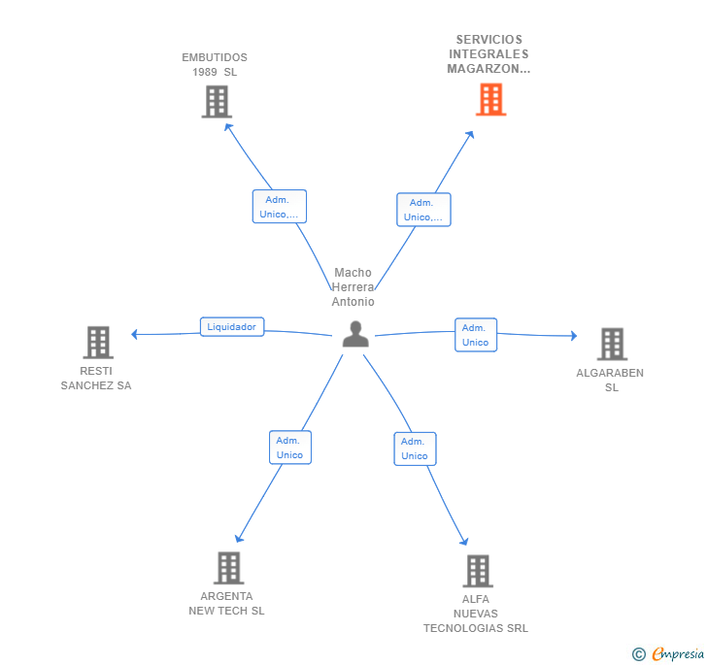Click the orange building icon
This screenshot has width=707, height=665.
(x=491, y=99)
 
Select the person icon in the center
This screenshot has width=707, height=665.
(x=355, y=334)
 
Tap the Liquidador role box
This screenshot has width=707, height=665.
(x=232, y=327)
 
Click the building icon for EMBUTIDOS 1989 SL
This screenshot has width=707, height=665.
(x=217, y=102)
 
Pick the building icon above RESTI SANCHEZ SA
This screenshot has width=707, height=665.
(x=98, y=342)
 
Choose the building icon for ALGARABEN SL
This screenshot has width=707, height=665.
(x=612, y=344)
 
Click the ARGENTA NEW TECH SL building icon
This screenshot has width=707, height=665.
(x=229, y=568)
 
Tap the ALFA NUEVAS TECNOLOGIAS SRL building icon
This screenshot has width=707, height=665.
(x=478, y=571)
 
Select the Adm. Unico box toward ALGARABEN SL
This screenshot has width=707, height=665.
(x=476, y=335)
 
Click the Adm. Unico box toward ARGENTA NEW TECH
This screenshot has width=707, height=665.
(x=290, y=448)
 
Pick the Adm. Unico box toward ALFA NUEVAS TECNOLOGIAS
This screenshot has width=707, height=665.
(x=415, y=449)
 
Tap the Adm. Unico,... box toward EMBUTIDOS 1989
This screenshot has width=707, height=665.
(x=279, y=207)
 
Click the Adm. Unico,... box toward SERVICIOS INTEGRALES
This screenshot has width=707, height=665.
(x=423, y=210)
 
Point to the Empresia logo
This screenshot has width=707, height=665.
(x=678, y=653)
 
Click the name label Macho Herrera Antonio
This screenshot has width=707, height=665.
(x=353, y=287)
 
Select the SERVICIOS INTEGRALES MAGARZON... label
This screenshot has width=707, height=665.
(x=488, y=54)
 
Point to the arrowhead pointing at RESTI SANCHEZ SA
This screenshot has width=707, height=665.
(x=134, y=334)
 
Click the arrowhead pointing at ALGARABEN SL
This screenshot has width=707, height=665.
(x=574, y=336)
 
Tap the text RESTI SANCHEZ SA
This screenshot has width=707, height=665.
(x=96, y=379)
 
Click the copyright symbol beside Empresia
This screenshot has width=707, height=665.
(x=638, y=654)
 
